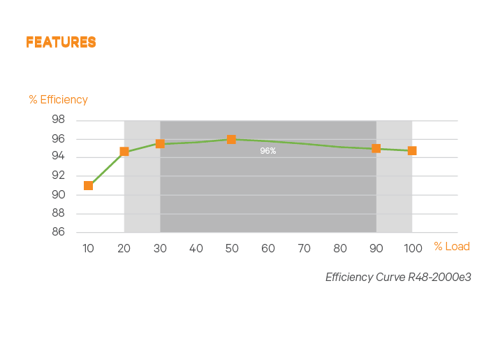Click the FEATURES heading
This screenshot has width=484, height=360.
61,43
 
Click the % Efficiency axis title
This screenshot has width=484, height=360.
59,99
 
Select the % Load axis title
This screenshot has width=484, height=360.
451,246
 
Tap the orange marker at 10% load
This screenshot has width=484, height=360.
89,185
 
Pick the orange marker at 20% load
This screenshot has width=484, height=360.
124,152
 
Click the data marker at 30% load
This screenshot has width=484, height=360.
160,143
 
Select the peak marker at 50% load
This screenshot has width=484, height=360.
231,139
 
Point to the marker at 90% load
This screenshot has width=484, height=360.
376,148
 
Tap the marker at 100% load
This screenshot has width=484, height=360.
412,150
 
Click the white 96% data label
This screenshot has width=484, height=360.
268,151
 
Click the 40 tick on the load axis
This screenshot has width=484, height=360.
196,248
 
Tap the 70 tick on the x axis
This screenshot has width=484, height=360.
304,248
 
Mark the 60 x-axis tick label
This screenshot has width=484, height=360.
268,248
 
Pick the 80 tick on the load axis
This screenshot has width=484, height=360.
340,248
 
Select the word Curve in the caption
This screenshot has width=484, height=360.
388,278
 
